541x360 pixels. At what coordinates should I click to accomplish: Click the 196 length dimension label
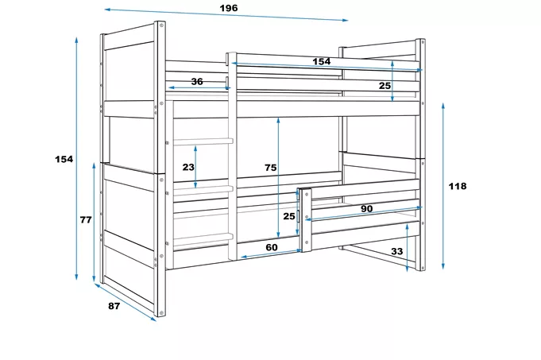pyautogui.click(x=229, y=8)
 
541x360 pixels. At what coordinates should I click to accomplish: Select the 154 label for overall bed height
pyautogui.click(x=64, y=159)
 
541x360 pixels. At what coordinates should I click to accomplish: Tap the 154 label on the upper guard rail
pyautogui.click(x=322, y=61)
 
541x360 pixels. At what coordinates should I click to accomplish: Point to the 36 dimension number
pyautogui.click(x=197, y=82)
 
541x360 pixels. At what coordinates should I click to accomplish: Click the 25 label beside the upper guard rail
pyautogui.click(x=384, y=86)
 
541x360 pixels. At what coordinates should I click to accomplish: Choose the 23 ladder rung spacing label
pyautogui.click(x=188, y=167)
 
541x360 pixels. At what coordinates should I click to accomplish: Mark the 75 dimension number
pyautogui.click(x=271, y=168)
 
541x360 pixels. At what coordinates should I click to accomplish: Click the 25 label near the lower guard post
pyautogui.click(x=289, y=216)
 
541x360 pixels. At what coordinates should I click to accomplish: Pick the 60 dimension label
pyautogui.click(x=272, y=247)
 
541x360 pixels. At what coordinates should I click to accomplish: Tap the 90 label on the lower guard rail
pyautogui.click(x=367, y=208)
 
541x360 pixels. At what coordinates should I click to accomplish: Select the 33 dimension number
pyautogui.click(x=396, y=251)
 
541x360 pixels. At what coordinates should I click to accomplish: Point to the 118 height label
pyautogui.click(x=458, y=186)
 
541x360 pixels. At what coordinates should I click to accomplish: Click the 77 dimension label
pyautogui.click(x=86, y=219)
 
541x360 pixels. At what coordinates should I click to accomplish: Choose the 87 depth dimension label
pyautogui.click(x=114, y=306)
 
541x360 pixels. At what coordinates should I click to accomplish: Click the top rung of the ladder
pyautogui.click(x=203, y=141)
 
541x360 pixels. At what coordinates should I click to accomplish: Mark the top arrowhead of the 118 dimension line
pyautogui.click(x=443, y=106)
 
